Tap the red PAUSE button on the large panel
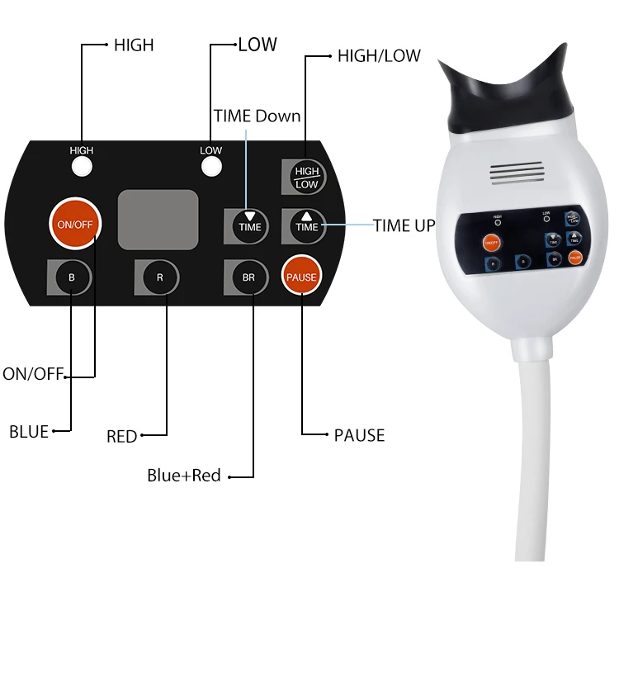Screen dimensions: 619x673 point(301,277)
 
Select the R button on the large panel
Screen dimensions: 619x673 point(160,277)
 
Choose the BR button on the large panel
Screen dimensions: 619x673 point(248,277)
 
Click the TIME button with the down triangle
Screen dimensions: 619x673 point(249,225)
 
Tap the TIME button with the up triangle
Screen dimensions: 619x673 point(306,225)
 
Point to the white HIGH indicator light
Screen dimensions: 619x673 point(82,167)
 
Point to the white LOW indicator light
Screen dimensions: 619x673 point(212,167)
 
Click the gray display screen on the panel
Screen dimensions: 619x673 point(158,219)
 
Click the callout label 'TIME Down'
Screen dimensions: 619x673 point(257,116)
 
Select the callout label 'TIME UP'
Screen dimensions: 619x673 point(404,225)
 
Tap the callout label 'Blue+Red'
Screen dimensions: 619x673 point(184,476)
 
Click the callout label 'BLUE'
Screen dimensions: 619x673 point(29,431)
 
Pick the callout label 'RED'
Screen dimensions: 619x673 point(121,436)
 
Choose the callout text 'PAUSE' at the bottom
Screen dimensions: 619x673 point(359,435)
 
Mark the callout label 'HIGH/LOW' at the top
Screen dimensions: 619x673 point(379,56)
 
